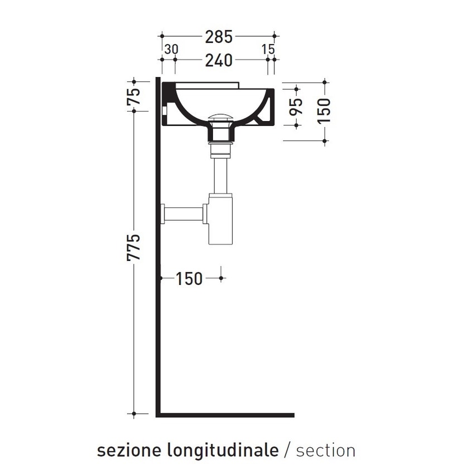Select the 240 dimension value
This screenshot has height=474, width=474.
click(219, 60)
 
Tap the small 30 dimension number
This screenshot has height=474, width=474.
click(171, 49)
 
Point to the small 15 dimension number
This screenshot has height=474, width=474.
click(268, 49)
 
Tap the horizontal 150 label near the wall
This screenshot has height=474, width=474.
click(190, 278)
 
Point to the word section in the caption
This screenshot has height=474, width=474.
click(326, 450)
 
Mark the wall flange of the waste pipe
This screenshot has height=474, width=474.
click(164, 213)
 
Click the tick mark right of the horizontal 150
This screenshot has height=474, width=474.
click(222, 277)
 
